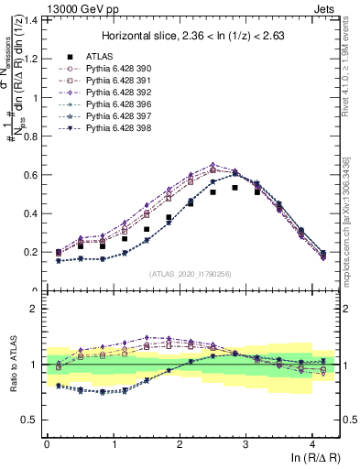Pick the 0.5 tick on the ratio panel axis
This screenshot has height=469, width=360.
click(28, 420)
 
